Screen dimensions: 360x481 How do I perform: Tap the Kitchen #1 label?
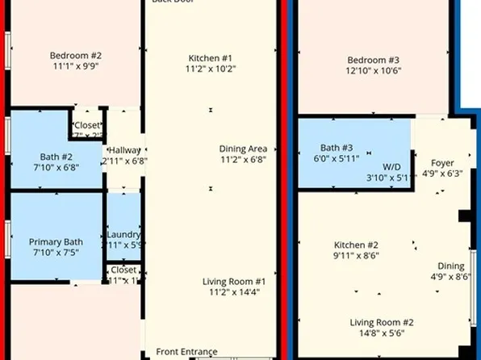coord(211,58)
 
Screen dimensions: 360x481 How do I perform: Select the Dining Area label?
coord(243,149)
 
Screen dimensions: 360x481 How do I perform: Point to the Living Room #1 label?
coord(233,281)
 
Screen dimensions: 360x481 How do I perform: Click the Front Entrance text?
coord(186,351)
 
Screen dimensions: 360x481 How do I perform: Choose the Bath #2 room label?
coord(56,157)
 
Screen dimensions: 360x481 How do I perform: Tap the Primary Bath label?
coord(56,241)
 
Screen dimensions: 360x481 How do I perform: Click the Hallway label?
coord(125,150)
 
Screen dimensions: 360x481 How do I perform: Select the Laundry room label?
coord(124,234)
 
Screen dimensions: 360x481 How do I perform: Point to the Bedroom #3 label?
coord(374,60)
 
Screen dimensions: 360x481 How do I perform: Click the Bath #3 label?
coord(337,148)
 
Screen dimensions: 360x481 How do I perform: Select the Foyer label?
coord(442,162)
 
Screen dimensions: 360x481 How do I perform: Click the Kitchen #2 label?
coord(357,245)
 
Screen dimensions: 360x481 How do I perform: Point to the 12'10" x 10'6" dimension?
coord(374,70)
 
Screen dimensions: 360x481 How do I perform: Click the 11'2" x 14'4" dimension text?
coord(233,292)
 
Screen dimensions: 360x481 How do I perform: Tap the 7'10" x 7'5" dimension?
coord(56,253)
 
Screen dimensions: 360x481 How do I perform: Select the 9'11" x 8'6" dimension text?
coord(357,256)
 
